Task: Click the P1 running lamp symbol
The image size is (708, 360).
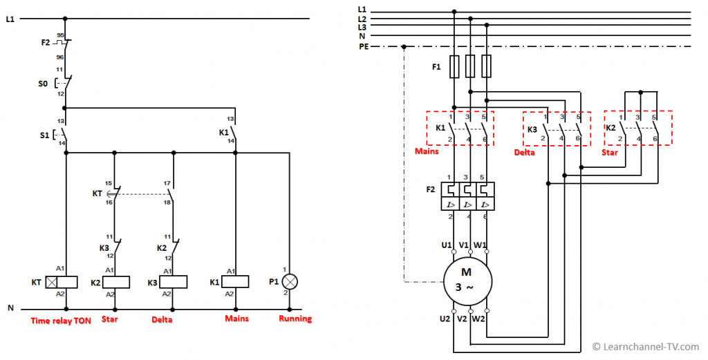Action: (x=290, y=282)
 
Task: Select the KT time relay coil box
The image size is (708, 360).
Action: (x=62, y=283)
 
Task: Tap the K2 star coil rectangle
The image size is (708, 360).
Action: (x=116, y=283)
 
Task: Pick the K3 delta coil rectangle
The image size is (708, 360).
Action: (x=174, y=283)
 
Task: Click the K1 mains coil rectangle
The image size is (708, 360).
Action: (x=235, y=282)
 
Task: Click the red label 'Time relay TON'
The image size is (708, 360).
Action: (x=61, y=321)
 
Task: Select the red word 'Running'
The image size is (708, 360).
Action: (x=295, y=319)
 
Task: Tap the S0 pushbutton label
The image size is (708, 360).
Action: (x=43, y=84)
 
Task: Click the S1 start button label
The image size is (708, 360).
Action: (x=44, y=135)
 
